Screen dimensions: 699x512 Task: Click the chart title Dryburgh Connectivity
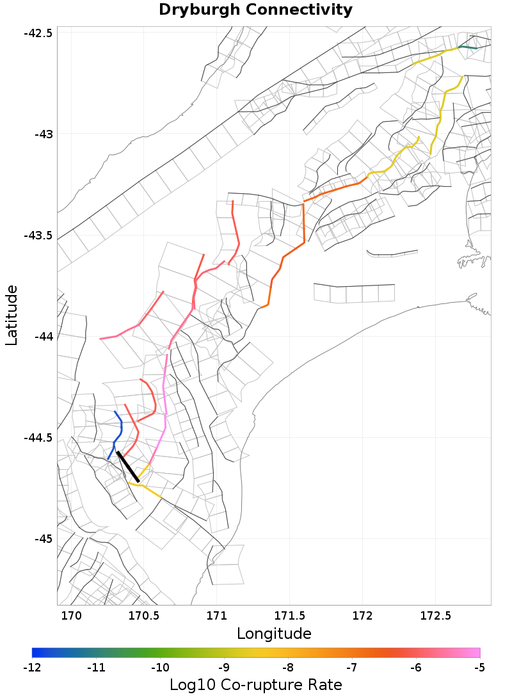click(x=255, y=10)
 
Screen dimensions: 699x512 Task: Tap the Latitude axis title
click(x=12, y=316)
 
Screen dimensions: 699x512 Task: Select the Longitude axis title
click(x=274, y=634)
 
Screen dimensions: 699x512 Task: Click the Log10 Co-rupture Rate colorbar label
click(x=255, y=684)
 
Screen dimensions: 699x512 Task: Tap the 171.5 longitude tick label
click(x=289, y=616)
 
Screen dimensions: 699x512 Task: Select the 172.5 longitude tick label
click(x=435, y=616)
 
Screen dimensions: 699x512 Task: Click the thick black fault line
click(x=128, y=467)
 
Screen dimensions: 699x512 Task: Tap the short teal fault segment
click(x=468, y=47)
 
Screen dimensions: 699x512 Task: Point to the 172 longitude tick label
click(x=362, y=616)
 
